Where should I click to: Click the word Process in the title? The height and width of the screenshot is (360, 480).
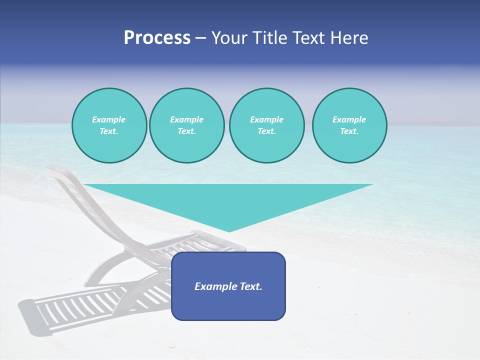(x=157, y=38)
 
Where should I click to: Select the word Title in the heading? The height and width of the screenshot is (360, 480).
(x=270, y=38)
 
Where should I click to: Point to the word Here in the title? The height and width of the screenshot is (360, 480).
(x=349, y=38)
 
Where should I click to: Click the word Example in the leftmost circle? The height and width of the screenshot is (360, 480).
(x=109, y=119)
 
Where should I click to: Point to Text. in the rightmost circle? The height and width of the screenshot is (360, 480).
(x=349, y=131)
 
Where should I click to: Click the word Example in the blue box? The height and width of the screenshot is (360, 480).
(x=215, y=286)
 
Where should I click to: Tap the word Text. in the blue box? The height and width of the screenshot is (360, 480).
(x=250, y=286)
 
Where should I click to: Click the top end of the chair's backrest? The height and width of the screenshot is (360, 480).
(x=51, y=170)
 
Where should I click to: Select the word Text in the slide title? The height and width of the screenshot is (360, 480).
(x=310, y=38)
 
